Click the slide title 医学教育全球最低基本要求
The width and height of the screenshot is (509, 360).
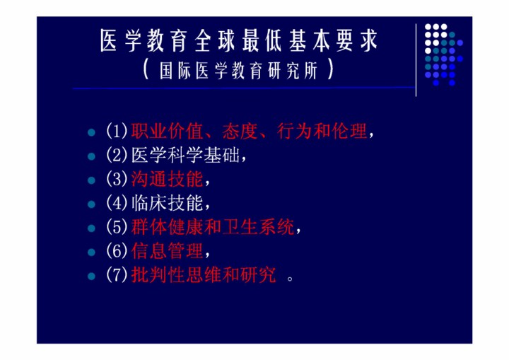pyautogui.click(x=239, y=40)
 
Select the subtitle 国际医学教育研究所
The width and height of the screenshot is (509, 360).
pyautogui.click(x=239, y=70)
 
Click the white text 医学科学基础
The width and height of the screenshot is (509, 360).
pyautogui.click(x=185, y=155)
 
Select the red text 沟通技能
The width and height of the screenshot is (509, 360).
pyautogui.click(x=167, y=179)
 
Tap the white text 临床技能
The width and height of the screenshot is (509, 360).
pyautogui.click(x=167, y=203)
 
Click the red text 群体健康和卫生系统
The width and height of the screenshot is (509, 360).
pyautogui.click(x=213, y=227)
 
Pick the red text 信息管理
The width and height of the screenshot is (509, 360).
pyautogui.click(x=167, y=251)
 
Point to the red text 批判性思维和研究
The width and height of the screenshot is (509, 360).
pyautogui.click(x=204, y=275)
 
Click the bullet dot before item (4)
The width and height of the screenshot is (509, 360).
pyautogui.click(x=91, y=204)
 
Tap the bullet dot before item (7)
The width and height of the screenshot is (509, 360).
pyautogui.click(x=91, y=277)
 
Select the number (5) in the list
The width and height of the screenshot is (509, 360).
pyautogui.click(x=117, y=227)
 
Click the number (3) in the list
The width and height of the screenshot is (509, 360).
pyautogui.click(x=117, y=179)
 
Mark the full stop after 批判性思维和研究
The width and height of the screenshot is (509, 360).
pyautogui.click(x=290, y=279)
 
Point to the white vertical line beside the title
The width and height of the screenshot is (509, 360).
pyautogui.click(x=416, y=60)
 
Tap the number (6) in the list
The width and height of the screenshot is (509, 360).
pyautogui.click(x=117, y=251)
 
